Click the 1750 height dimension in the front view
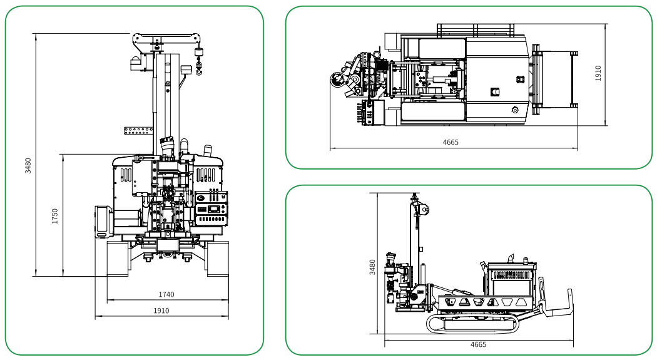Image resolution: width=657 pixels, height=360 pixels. (55, 216)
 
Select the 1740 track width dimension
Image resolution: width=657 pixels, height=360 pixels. (166, 295)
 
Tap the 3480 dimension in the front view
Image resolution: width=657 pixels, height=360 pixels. (28, 166)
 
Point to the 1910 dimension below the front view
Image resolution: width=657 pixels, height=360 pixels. (161, 311)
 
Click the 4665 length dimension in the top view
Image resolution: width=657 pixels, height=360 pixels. (451, 142)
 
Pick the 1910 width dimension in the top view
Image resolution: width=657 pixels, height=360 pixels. (598, 73)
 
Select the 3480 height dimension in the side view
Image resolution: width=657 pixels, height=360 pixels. (372, 267)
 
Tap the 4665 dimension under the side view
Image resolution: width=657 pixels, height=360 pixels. (478, 344)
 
